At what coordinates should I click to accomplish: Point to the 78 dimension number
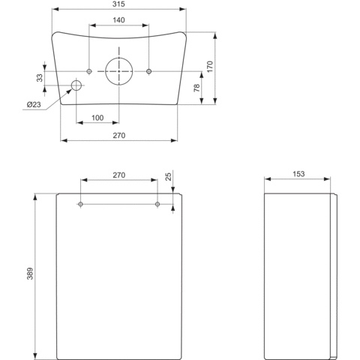[196, 88]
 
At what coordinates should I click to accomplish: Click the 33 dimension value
[40, 78]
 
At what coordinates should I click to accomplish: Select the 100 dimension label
[97, 118]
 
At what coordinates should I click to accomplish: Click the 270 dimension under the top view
[119, 135]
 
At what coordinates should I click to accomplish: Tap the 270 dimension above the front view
[119, 175]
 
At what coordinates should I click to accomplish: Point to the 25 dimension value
[169, 178]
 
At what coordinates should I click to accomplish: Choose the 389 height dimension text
[29, 275]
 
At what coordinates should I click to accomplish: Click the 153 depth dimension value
[298, 174]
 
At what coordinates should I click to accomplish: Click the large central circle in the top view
[119, 71]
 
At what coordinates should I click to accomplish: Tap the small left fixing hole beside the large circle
[89, 71]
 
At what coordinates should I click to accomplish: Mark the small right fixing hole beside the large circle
[149, 71]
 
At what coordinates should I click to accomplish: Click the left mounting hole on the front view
[80, 204]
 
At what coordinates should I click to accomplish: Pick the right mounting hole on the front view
[157, 204]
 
